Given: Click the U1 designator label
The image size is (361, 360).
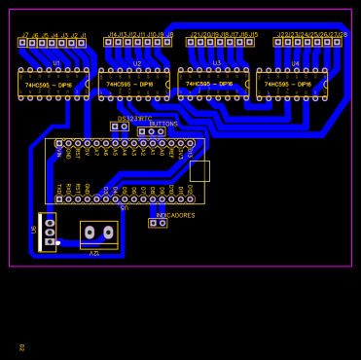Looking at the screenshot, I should coord(55,63).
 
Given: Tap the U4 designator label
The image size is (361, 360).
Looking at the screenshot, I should coord(295,64).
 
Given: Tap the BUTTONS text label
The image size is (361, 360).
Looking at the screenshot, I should coord(163,125).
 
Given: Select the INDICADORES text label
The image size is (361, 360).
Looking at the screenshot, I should coord(175,215).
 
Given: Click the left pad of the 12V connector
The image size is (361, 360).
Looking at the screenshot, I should coord(90,233).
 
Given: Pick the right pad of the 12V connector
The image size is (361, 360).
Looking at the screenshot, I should coord(108,233).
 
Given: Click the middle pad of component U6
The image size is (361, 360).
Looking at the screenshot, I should coord(50,233).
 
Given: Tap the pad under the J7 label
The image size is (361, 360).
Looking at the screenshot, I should coord(22,43).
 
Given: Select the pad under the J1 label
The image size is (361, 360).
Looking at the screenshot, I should coord(81,43).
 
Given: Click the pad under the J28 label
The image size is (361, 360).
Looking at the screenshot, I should coord(337,42).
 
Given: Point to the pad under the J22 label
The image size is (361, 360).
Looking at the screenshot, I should coord(278,42).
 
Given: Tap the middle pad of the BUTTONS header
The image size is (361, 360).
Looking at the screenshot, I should coord(151,132).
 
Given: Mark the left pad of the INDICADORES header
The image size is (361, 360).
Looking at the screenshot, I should coord(153,223).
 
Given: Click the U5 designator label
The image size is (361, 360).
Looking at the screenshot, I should coord(124,207).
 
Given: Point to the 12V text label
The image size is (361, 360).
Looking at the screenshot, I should coord(94,252).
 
